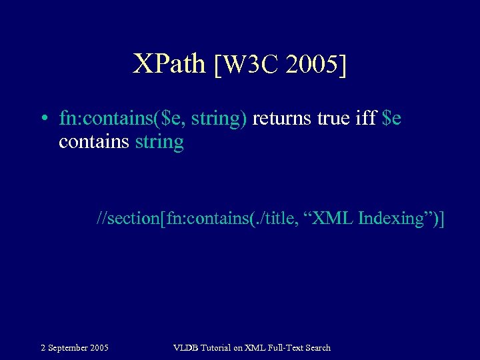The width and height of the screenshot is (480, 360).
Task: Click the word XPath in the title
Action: click(169, 65)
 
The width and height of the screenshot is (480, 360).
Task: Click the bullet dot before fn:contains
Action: click(43, 119)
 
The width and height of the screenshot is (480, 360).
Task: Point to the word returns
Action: click(285, 119)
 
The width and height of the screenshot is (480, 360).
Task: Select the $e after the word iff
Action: click(393, 119)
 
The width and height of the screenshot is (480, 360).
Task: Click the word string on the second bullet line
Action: click(159, 142)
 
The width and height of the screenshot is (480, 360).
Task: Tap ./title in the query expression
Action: click(271, 218)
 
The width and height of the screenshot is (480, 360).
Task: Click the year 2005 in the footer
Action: click(99, 347)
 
